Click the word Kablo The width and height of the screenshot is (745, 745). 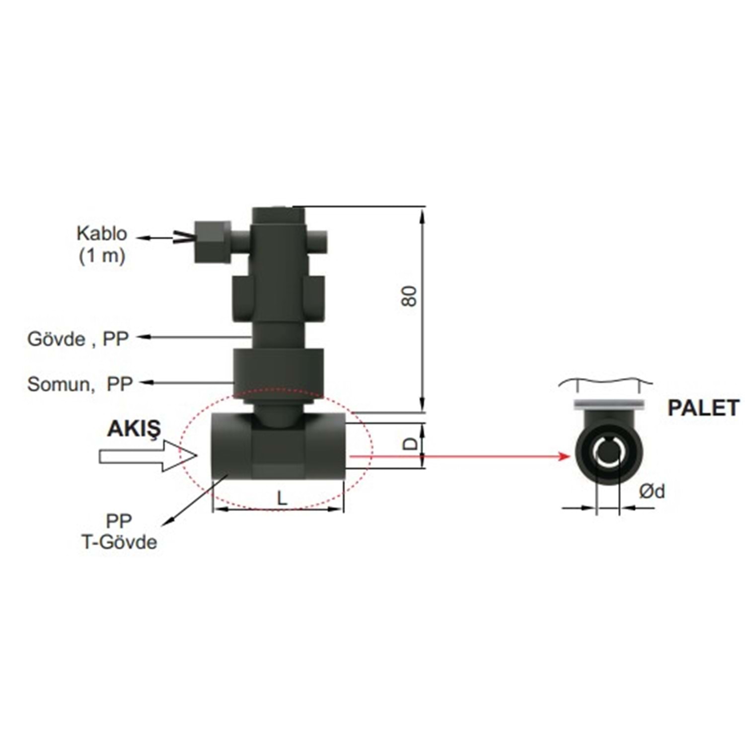102,233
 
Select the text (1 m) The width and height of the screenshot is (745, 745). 102,256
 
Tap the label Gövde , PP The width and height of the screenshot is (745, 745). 78,339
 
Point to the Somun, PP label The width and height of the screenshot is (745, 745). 80,384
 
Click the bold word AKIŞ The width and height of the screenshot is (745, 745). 134,429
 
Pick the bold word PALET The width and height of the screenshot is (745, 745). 703,408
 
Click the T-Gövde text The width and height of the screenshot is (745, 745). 119,542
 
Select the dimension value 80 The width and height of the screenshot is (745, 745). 410,296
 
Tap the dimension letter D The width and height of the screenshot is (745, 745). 410,443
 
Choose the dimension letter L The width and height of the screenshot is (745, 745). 282,498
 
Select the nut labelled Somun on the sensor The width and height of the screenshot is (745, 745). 278,370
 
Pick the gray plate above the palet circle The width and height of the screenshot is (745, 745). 608,405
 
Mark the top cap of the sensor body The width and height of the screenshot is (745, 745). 278,215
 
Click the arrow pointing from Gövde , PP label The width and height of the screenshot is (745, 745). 194,337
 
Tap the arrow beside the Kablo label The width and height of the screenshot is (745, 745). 156,238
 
